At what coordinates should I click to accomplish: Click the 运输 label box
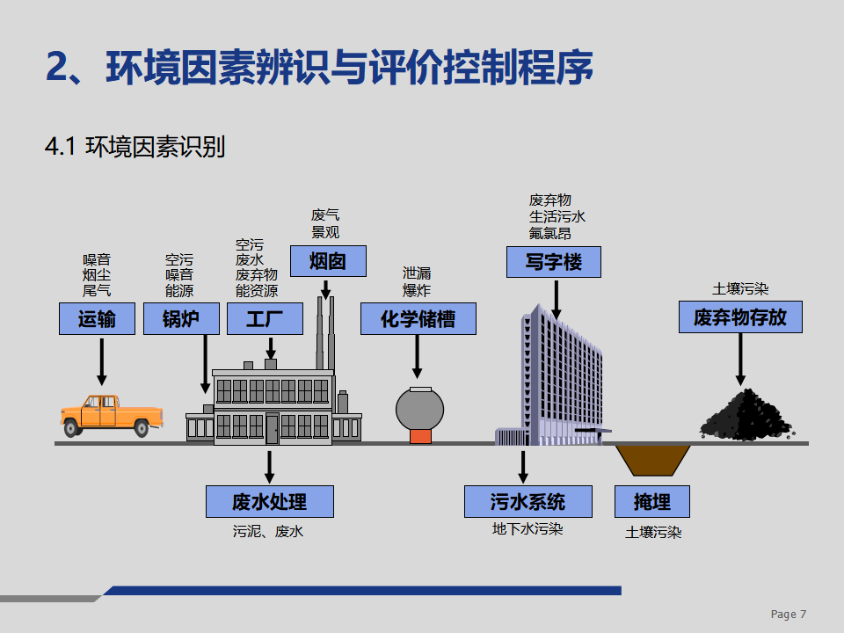[x=97, y=318]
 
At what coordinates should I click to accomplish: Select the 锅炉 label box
[x=181, y=318]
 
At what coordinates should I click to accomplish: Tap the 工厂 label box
[x=265, y=318]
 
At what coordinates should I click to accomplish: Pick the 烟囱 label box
[x=328, y=262]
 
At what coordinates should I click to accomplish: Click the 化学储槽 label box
[x=418, y=318]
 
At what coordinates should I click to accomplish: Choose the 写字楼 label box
[x=554, y=262]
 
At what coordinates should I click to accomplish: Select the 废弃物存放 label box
[x=740, y=317]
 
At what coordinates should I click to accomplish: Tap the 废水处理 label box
[x=270, y=502]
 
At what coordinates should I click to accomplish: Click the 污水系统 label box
[x=528, y=502]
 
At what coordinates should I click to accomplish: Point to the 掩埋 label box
[x=652, y=502]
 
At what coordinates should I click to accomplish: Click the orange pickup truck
[x=112, y=416]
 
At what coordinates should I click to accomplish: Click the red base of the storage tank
[x=420, y=437]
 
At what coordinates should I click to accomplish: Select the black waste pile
[x=747, y=416]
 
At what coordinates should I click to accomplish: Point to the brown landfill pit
[x=652, y=460]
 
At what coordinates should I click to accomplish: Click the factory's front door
[x=273, y=429]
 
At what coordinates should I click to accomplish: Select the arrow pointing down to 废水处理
[x=270, y=467]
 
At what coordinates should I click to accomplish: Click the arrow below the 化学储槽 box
[x=417, y=356]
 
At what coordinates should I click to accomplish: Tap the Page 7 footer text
[x=789, y=615]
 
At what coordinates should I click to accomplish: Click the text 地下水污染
[x=527, y=529]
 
